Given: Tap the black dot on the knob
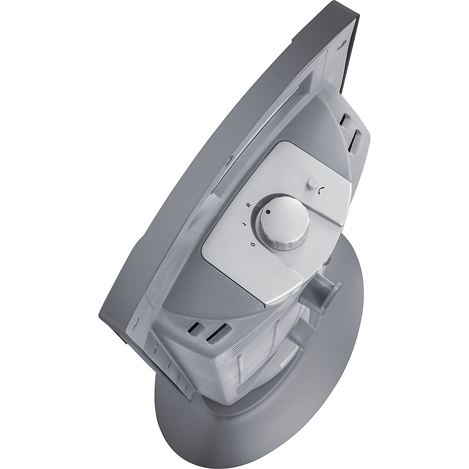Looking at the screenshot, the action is pos(268,211).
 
